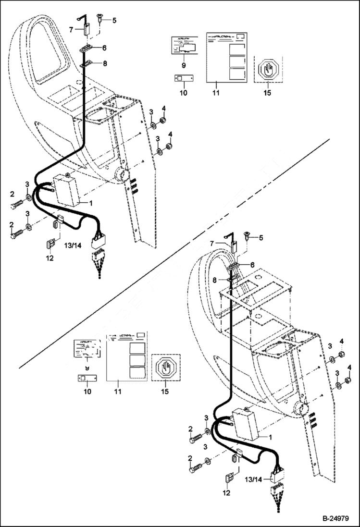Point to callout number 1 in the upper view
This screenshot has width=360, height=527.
90,203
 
